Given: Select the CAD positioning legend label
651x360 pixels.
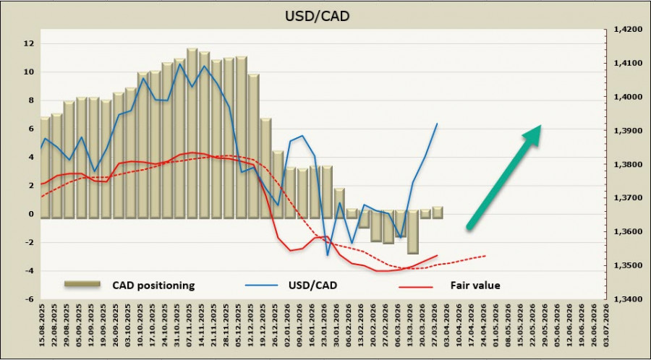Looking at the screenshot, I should coord(153,285).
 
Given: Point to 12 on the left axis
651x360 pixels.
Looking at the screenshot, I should coord(28,43).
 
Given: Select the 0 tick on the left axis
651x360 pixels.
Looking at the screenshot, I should coord(30,214).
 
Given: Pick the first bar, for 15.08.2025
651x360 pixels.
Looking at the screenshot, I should coord(45,168).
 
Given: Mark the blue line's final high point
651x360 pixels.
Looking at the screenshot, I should coord(437,124).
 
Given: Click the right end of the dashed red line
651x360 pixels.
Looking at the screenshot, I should coord(485,255).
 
